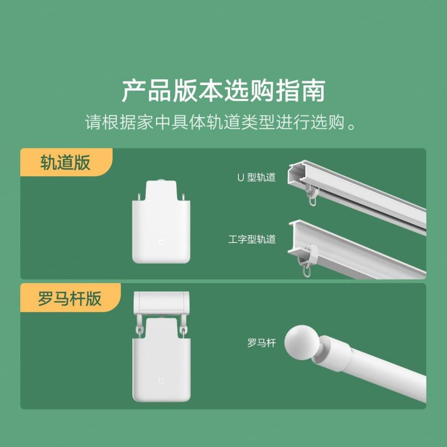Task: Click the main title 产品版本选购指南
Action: (223, 91)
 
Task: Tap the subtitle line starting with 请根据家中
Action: (223, 123)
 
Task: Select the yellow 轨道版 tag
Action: (66, 163)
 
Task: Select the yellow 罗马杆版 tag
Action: (70, 298)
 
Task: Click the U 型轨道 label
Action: (256, 177)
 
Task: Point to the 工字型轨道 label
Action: (252, 239)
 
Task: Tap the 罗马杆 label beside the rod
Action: (261, 344)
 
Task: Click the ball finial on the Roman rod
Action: (300, 342)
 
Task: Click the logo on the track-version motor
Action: (161, 243)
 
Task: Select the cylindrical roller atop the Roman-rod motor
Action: (161, 302)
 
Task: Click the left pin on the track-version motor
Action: (139, 196)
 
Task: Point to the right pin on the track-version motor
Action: (183, 196)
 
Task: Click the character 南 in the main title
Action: (313, 91)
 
